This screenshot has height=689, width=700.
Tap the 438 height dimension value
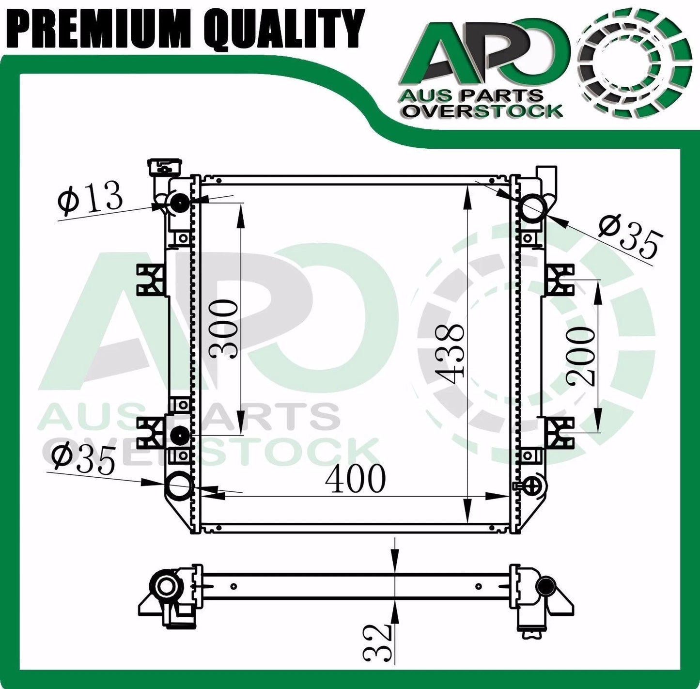[450, 354]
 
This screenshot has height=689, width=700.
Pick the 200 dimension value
[581, 356]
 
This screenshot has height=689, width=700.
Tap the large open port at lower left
[179, 484]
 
